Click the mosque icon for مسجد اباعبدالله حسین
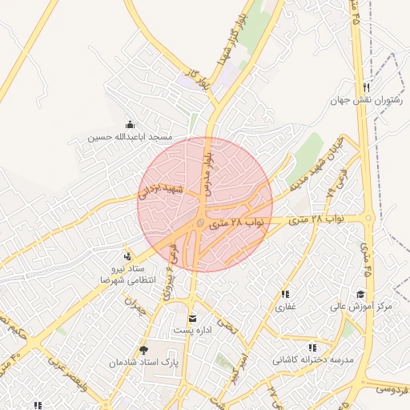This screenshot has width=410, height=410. click(131, 124)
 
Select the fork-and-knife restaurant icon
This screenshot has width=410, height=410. click(365, 87)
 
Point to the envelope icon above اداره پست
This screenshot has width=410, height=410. click(191, 319)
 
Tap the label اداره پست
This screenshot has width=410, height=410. click(192, 331)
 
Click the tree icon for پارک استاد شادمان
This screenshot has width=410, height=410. click(144, 350)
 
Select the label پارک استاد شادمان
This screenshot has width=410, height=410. click(144, 363)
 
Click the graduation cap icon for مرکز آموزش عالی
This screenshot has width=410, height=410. click(360, 294)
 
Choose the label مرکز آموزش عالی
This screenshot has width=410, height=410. click(364, 307)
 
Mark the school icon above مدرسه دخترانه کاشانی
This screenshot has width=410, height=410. click(312, 348)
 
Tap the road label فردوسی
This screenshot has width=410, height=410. click(392, 390)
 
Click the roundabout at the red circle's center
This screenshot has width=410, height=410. click(201, 223)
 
